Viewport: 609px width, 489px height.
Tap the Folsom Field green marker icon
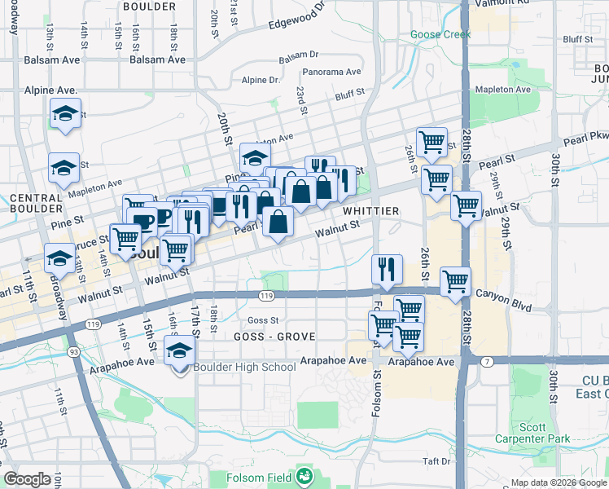point(304,475)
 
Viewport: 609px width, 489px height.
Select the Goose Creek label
point(440,35)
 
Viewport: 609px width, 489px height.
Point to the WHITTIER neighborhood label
point(370,211)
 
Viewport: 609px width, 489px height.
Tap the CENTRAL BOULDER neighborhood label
point(36,204)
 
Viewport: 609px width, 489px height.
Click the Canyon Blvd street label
point(503,299)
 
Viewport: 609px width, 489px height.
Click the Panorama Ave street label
point(331,72)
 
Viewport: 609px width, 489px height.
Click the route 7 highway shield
point(486,362)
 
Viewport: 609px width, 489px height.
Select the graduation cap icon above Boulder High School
point(179,350)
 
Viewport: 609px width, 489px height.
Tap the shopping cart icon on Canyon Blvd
point(455,282)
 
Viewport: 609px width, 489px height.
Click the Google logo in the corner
point(27,480)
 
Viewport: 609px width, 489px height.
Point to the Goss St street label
point(263,320)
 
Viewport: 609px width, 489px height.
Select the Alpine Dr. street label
point(261,80)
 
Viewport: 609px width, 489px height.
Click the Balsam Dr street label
point(298,56)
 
